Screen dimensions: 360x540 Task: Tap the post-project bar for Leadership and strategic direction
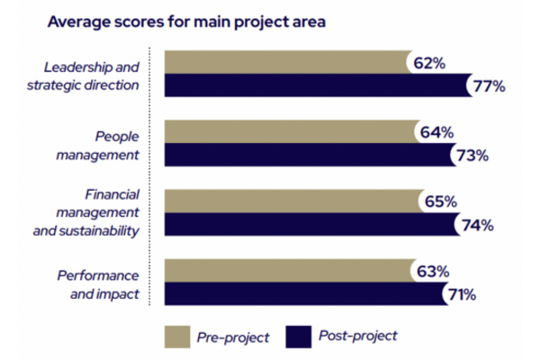coord(315,85)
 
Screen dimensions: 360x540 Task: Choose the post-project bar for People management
coord(306,155)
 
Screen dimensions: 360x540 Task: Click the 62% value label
coord(430,63)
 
